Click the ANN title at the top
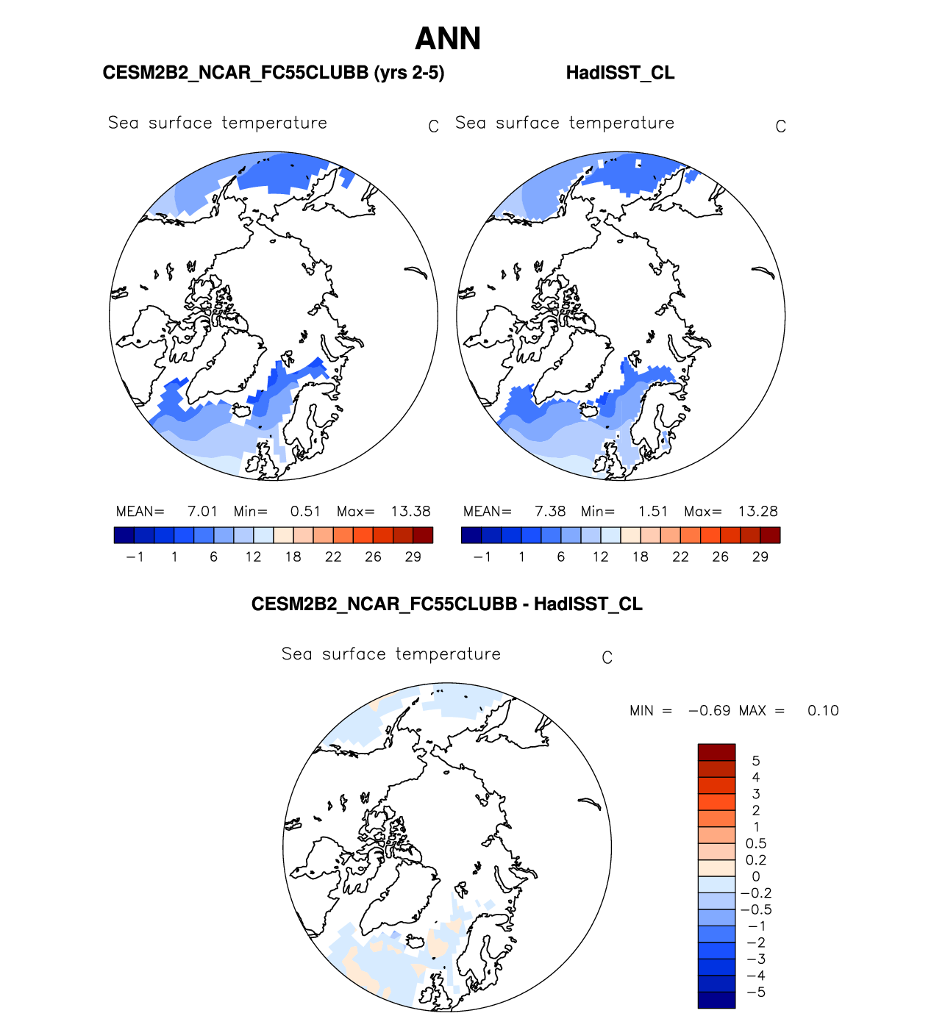(448, 39)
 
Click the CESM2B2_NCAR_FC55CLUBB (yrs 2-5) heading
(274, 73)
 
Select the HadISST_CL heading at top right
(620, 73)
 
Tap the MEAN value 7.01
(202, 512)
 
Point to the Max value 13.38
(410, 512)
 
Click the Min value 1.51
(653, 512)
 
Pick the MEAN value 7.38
(550, 512)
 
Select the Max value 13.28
(757, 512)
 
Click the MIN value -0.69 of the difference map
(709, 711)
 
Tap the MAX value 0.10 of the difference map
(823, 711)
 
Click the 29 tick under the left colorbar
(413, 557)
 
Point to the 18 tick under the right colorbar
(641, 557)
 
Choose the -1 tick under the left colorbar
(135, 557)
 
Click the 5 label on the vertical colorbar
(756, 761)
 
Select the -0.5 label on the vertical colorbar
(756, 909)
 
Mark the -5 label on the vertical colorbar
(756, 992)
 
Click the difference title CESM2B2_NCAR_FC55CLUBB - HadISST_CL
(447, 604)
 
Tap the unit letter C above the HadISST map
(781, 127)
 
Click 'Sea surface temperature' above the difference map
(391, 654)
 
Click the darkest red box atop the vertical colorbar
(716, 752)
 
